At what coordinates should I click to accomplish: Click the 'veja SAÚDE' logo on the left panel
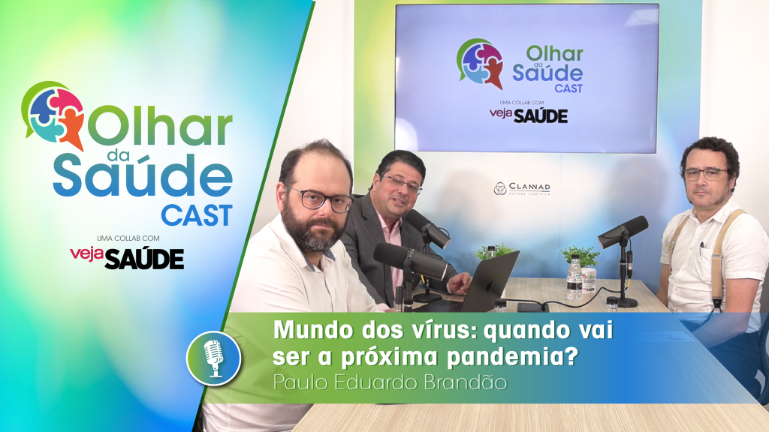pyautogui.click(x=127, y=257)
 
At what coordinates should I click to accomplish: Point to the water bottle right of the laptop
pyautogui.click(x=574, y=279)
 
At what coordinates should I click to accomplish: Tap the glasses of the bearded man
pyautogui.click(x=321, y=199)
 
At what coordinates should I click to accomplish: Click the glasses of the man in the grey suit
pyautogui.click(x=403, y=184)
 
